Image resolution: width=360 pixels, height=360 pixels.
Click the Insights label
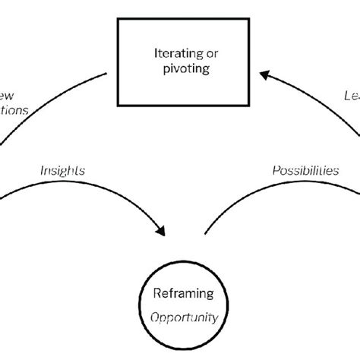(63, 171)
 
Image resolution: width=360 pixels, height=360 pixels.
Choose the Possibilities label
(305, 171)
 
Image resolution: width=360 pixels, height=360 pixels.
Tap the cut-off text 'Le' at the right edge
(350, 95)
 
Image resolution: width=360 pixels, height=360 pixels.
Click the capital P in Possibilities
(275, 171)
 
